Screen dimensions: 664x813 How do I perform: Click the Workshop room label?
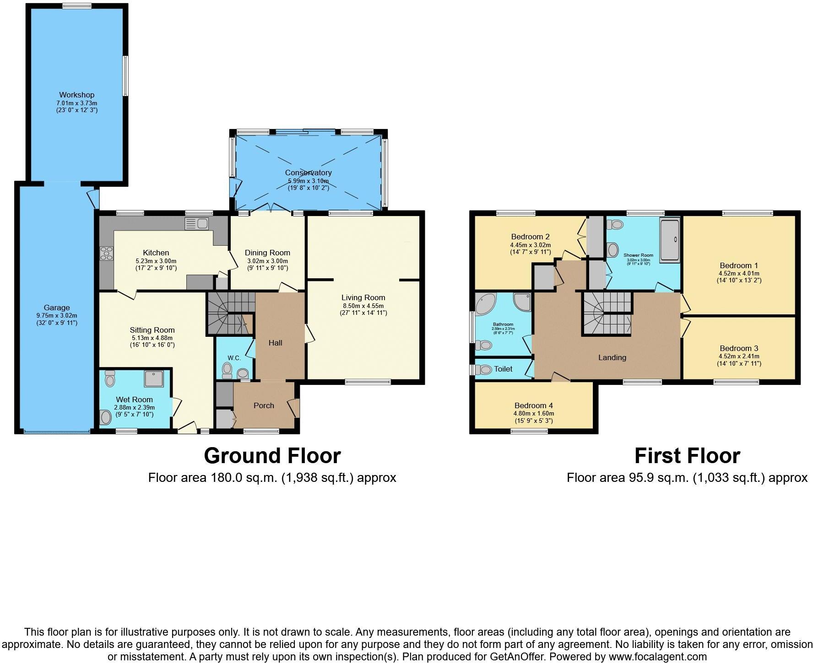coord(76,95)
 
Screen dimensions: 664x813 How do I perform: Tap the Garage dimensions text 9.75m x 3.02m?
coord(57,315)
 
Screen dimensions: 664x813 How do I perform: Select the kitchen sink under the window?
coord(197,224)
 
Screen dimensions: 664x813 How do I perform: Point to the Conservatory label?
coord(308,173)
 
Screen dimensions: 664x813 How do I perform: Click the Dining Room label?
coord(267,253)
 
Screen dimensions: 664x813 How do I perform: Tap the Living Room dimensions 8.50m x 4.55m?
coord(363,305)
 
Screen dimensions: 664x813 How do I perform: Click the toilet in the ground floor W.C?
coord(227,369)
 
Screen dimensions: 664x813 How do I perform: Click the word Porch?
coord(264,405)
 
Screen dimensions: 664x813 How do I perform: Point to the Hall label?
coord(275,343)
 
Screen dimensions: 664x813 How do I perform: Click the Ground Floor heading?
coord(272,456)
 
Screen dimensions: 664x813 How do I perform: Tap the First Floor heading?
coord(687,456)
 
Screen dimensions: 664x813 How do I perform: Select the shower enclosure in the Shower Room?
coord(670,240)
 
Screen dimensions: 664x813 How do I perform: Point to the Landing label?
coord(612,357)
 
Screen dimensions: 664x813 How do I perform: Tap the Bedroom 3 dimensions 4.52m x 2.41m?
coord(739,356)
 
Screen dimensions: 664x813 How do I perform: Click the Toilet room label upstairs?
coord(503,369)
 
